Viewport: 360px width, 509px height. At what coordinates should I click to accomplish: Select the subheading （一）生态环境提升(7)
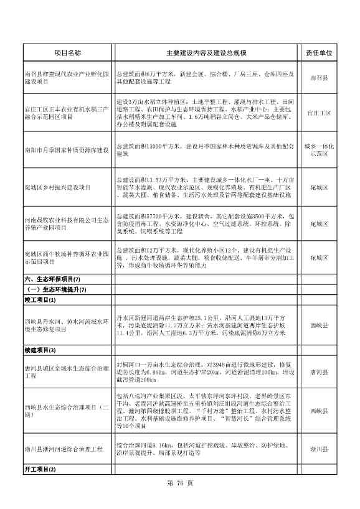55,289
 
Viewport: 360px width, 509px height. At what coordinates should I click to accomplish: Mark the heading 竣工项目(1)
40,301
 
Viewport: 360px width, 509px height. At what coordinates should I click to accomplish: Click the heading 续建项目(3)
40,351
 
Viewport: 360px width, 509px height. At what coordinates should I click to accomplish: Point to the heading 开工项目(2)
40,469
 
